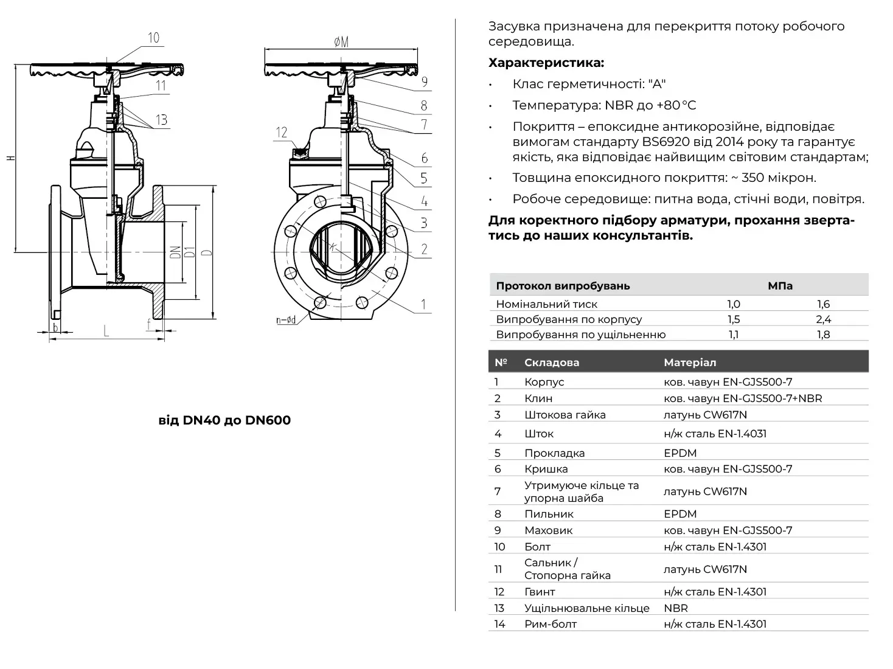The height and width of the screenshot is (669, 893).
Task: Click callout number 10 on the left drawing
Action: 153,38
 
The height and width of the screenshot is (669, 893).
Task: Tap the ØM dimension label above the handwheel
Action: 341,41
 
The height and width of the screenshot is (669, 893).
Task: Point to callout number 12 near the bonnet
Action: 281,133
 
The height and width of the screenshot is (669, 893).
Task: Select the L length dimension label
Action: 106,331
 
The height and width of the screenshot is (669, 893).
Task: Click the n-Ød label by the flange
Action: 285,320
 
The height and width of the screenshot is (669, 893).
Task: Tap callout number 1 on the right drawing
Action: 423,304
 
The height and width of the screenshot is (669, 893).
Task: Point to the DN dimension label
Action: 175,252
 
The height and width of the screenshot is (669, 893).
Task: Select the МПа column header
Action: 780,286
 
